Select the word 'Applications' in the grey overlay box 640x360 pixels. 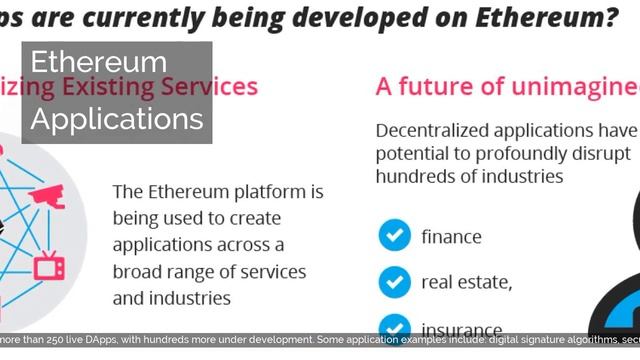point(117,119)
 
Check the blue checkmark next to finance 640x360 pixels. point(394,236)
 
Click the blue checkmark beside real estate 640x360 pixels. point(394,283)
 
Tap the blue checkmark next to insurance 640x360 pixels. point(394,326)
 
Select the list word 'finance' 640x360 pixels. point(451,237)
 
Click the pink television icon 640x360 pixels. point(47,266)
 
